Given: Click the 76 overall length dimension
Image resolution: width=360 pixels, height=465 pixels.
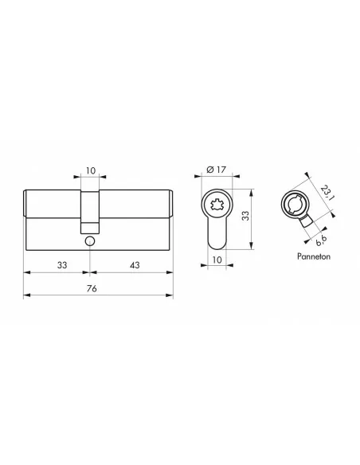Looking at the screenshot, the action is click(92, 288).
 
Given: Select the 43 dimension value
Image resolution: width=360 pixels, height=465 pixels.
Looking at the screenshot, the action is click(135, 265).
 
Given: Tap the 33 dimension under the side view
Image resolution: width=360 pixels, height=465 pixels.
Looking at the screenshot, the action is click(62, 265).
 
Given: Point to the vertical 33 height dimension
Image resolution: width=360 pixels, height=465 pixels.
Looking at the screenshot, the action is click(245, 216).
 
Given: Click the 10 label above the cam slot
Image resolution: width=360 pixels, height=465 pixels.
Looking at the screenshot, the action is click(91, 170).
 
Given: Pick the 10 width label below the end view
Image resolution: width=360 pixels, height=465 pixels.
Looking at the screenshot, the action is click(217, 260).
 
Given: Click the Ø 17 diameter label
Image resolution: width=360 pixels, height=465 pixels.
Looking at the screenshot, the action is click(216, 170).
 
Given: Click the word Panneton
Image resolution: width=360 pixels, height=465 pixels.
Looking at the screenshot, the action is click(314, 256).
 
